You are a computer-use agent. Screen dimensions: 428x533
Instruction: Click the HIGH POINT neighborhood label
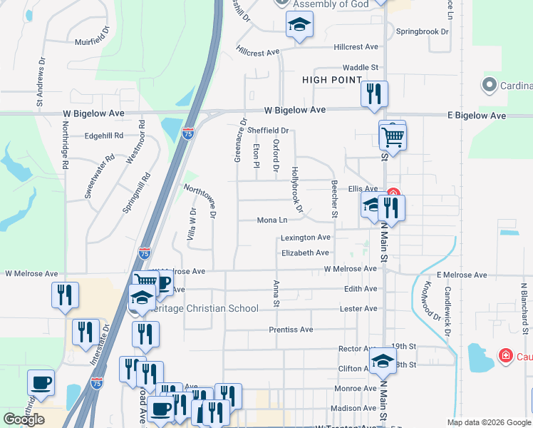coord(332,80)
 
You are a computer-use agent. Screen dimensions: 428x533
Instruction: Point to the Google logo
coord(24,419)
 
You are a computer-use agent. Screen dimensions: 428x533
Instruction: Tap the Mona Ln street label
coord(272,220)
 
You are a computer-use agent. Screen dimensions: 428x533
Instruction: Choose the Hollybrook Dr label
coord(297,190)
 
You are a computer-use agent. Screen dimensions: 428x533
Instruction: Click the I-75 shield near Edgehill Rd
coord(187,134)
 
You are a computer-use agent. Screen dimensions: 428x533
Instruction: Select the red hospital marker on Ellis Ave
coord(393,193)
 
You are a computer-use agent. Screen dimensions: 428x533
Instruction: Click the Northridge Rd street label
coord(65,144)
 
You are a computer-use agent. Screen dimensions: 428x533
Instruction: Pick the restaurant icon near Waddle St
coord(373,94)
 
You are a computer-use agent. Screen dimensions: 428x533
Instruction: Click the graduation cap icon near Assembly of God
coord(299,26)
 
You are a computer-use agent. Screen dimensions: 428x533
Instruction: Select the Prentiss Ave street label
coord(291,330)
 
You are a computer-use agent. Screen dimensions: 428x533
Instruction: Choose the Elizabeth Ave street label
coord(305,253)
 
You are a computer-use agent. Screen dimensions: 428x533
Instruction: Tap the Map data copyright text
coord(489,422)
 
